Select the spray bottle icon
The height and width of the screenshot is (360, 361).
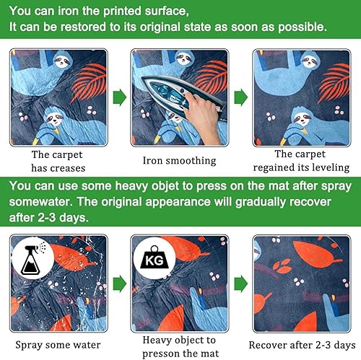pos(33,258)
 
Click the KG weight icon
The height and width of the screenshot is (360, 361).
pos(155,258)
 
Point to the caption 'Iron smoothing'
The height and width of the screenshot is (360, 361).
pos(179,161)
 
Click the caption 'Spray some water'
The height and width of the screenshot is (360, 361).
pos(58,345)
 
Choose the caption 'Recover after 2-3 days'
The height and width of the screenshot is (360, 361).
pos(302,345)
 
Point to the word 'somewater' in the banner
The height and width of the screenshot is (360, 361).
pos(40,201)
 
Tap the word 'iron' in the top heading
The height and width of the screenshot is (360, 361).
pos(69,11)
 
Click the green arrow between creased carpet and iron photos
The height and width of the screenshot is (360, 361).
pos(120,97)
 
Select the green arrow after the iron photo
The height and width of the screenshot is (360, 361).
pos(241,97)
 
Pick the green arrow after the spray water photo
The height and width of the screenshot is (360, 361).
pos(120,284)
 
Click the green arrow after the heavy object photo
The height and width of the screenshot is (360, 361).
pos(241,284)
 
